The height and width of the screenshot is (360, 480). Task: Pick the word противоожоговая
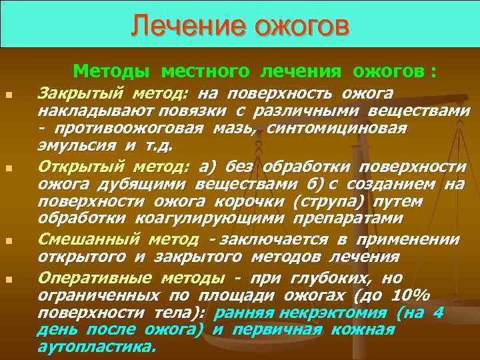tap(125, 127)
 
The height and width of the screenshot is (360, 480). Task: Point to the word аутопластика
tap(96, 347)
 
